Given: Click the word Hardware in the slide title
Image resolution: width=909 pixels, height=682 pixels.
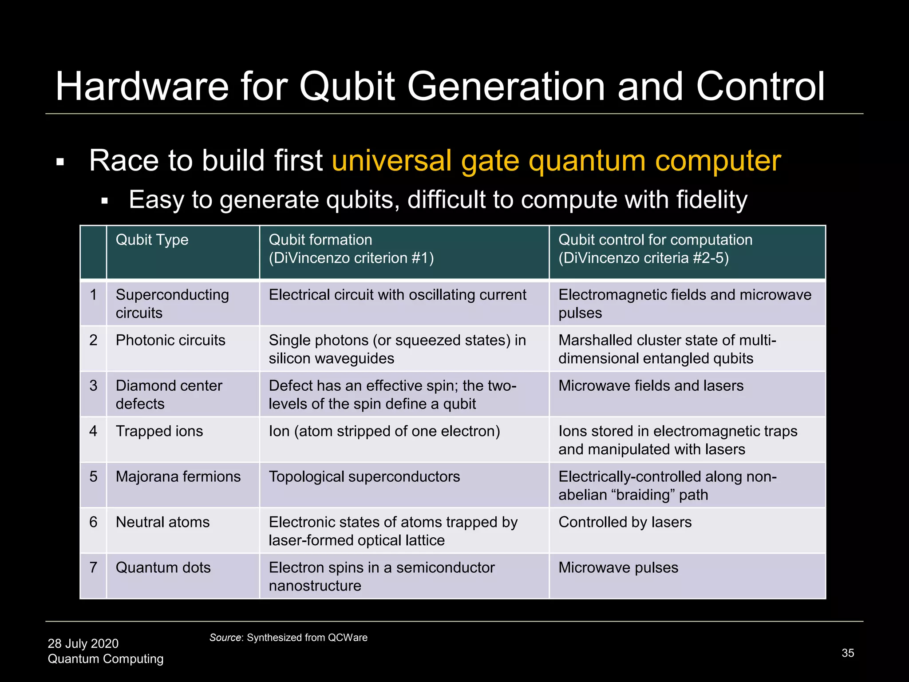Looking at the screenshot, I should coord(142,87).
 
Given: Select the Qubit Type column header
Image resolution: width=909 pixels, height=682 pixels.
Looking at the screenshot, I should coord(152,240).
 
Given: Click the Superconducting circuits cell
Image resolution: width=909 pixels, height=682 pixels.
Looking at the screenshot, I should coord(172,304).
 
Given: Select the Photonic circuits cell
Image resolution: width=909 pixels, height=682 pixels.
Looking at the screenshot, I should coord(170,340).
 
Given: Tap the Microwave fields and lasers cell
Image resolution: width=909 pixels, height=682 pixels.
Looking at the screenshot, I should coord(651,385).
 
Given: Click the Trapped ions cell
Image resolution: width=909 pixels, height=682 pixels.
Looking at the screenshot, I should coord(159,431).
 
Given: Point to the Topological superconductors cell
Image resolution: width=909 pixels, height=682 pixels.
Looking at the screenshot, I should coord(364,476).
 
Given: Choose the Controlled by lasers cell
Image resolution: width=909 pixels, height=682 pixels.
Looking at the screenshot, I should coord(625,522).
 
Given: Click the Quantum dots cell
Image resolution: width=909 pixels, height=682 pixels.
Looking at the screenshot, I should coord(163,567).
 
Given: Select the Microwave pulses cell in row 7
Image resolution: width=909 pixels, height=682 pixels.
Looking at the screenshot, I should coord(618,567).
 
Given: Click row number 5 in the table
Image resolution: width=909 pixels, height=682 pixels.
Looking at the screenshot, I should coord(93,476).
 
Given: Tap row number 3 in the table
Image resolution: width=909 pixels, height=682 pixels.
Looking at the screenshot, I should coord(93,385).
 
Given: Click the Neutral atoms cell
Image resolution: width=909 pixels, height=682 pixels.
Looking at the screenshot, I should coord(162,522).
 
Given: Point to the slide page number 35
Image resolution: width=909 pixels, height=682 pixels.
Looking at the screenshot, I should coord(847,653).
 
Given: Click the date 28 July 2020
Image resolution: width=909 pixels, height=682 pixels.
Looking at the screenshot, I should coord(83,643).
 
